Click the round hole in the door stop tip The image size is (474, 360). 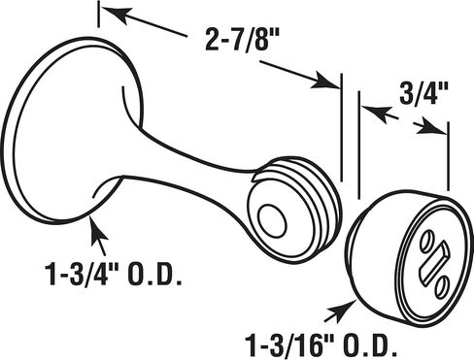click(272, 220)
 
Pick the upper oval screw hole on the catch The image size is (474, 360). click(427, 241)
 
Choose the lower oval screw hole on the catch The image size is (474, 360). click(442, 286)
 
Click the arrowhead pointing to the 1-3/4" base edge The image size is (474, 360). click(97, 230)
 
